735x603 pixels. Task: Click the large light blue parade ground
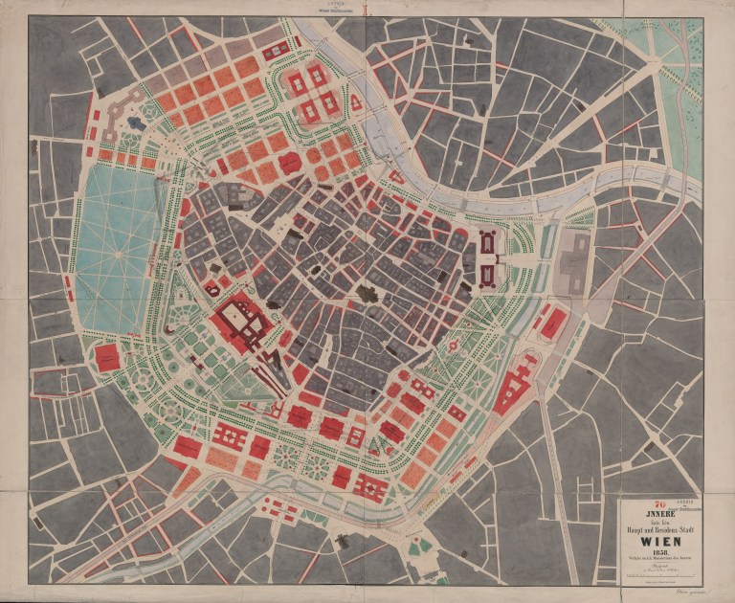[117, 251]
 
